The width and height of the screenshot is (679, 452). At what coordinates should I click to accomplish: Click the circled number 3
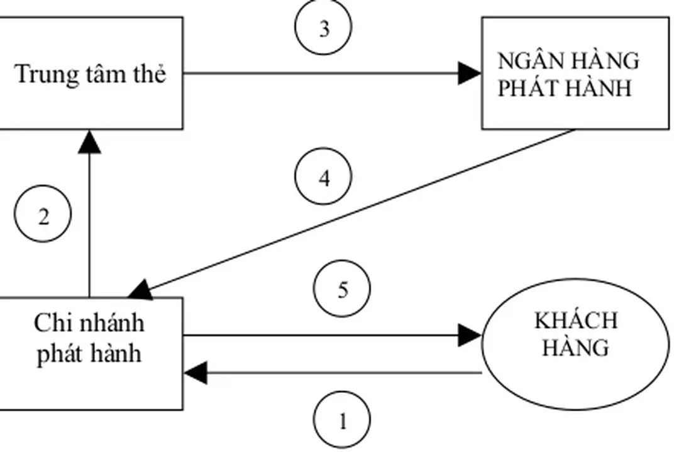(323, 28)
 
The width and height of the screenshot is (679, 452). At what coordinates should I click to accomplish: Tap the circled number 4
(323, 179)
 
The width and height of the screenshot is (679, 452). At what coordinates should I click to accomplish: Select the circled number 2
(43, 217)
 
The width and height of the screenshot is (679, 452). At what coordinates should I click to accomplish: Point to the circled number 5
(342, 290)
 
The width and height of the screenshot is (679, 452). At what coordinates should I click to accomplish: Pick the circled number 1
(342, 421)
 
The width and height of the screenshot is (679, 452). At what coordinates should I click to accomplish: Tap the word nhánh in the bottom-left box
(110, 324)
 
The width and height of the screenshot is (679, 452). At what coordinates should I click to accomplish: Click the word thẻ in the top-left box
(149, 74)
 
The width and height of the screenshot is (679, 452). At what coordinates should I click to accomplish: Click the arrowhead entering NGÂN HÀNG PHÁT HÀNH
(469, 74)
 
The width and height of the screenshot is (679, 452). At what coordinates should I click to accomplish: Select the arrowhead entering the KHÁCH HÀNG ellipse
(469, 336)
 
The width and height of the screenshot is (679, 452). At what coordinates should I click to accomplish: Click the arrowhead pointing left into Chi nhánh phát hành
(196, 373)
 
